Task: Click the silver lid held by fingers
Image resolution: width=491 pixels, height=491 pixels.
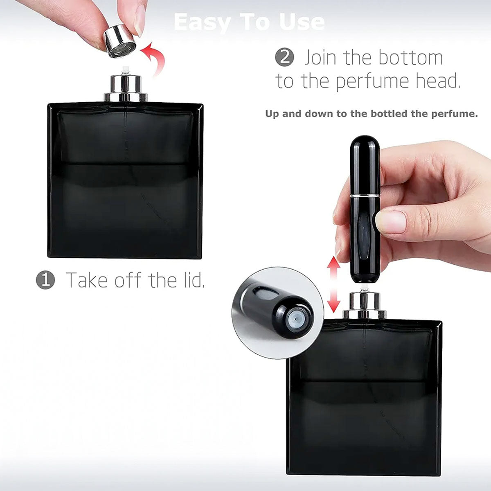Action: [119, 41]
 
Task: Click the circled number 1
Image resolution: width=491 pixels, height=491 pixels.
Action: [45, 280]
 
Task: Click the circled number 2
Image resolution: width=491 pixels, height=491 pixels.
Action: [284, 57]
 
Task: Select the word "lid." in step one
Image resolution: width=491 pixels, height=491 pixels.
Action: [191, 280]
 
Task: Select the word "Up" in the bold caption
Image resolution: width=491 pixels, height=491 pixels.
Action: [272, 113]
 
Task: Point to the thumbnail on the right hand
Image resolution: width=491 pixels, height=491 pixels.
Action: [391, 221]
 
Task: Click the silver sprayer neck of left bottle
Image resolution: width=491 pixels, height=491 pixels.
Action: [126, 88]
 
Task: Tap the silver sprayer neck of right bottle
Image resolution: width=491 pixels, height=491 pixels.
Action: [364, 305]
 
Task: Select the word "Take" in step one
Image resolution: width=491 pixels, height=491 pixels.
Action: [87, 280]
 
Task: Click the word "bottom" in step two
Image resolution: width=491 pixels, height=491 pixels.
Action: [413, 58]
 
